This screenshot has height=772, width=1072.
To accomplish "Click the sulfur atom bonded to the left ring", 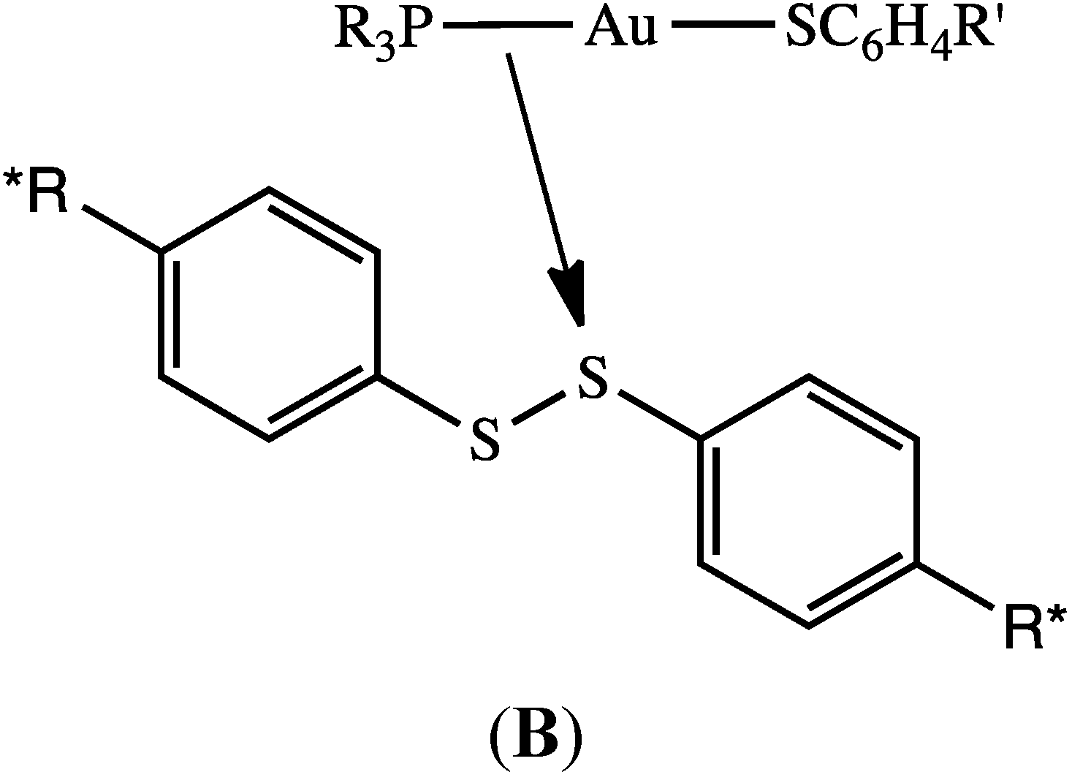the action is click(x=485, y=441).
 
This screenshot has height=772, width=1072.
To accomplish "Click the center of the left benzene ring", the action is click(x=268, y=314).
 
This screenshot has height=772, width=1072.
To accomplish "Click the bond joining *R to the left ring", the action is click(x=121, y=230).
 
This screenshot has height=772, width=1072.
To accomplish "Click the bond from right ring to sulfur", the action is click(x=658, y=415).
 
